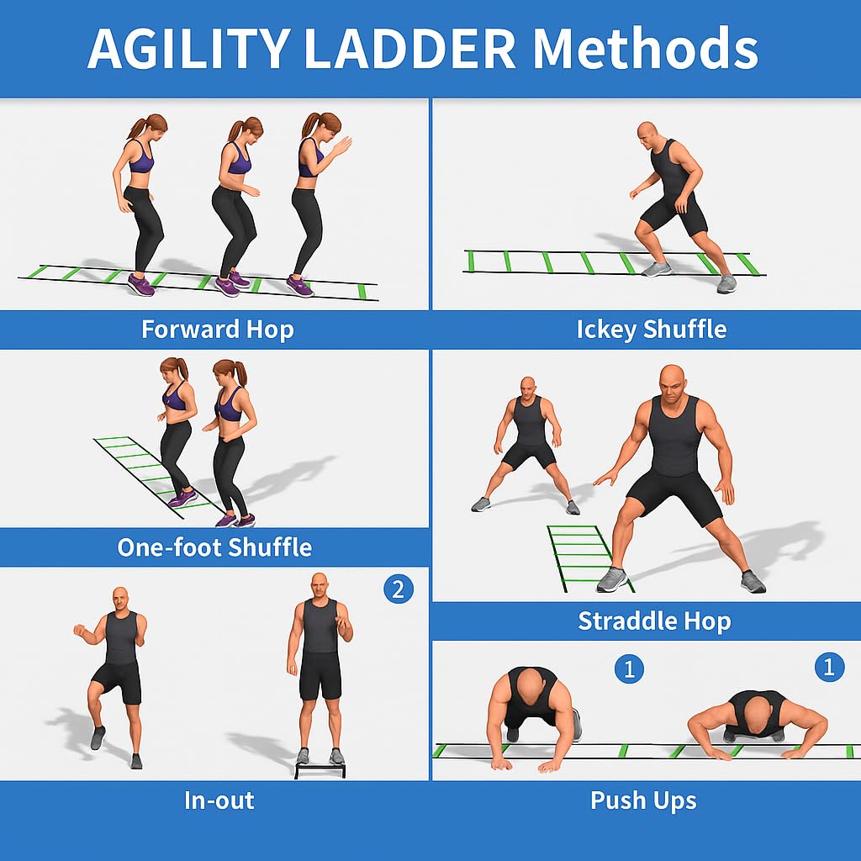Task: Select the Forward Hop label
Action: point(218,330)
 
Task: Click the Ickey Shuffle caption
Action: point(652,330)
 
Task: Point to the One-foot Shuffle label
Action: point(214,547)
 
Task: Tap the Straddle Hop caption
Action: point(654,621)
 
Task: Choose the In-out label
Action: point(219,800)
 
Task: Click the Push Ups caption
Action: point(643,800)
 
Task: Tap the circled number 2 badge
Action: point(398,589)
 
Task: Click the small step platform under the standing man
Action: point(320,770)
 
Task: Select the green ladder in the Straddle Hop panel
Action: point(588,557)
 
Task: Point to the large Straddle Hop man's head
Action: point(674,383)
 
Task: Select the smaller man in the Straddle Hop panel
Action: point(526,445)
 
